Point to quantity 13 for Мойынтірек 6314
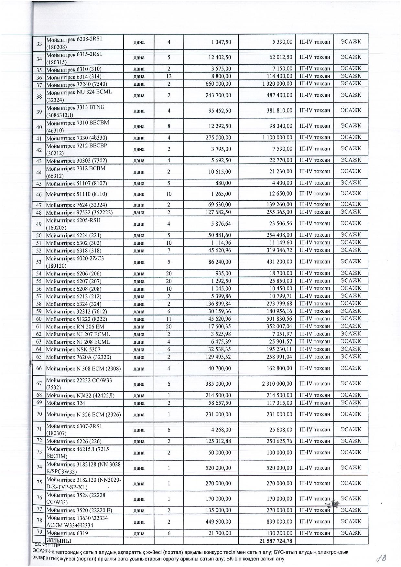pos(169,76)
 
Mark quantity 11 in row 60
pos(169,319)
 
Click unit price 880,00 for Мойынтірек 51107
pos(223,183)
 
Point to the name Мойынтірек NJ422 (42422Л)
pos(80,395)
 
